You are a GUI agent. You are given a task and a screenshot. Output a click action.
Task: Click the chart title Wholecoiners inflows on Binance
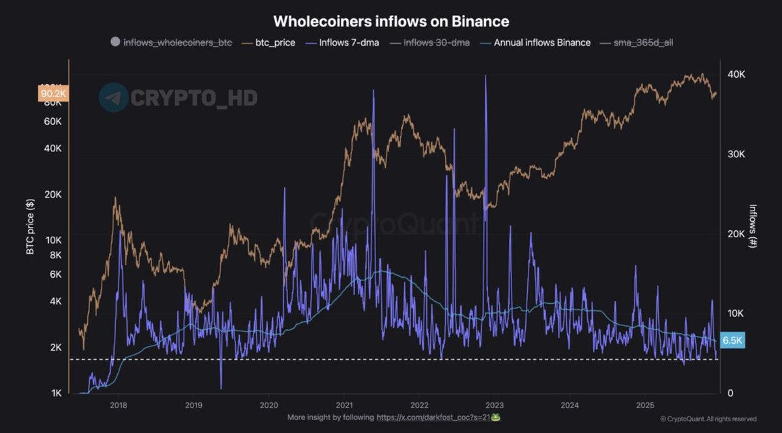pyautogui.click(x=391, y=21)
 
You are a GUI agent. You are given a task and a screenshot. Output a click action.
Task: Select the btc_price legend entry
pyautogui.click(x=274, y=42)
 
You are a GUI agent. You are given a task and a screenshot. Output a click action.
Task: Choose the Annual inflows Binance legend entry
pyautogui.click(x=542, y=42)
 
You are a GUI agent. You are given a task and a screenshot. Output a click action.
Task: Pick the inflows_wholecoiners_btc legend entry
pyautogui.click(x=177, y=42)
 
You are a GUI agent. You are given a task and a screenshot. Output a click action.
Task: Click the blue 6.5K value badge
pyautogui.click(x=733, y=340)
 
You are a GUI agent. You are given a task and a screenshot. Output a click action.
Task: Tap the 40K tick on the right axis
pyautogui.click(x=736, y=75)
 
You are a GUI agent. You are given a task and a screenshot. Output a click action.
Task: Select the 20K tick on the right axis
pyautogui.click(x=736, y=234)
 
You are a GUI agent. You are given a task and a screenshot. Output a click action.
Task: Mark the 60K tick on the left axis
pyautogui.click(x=52, y=121)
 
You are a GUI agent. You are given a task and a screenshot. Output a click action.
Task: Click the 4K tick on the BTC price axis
pyautogui.click(x=55, y=301)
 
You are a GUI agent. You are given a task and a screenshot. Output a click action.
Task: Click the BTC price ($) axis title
pyautogui.click(x=30, y=224)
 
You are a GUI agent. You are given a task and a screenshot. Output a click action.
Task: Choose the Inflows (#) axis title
pyautogui.click(x=753, y=225)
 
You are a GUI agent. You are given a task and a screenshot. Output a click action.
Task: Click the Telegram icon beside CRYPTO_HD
pyautogui.click(x=113, y=98)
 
